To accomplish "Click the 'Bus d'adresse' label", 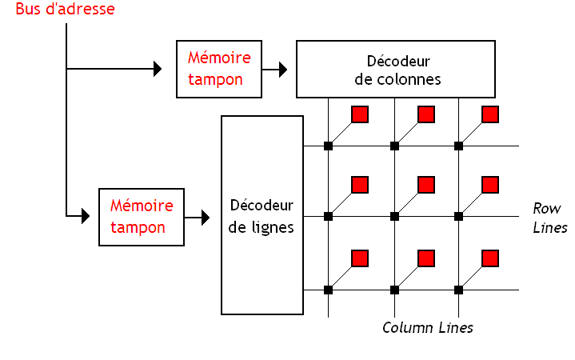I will point(65,10).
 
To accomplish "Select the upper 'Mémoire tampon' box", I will point(219,70).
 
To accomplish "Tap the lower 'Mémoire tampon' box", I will point(141,217).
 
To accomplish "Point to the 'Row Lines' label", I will point(549,218).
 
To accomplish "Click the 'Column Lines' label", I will point(427,328).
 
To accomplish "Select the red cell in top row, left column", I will point(360,114).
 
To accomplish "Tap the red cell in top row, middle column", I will point(426,114).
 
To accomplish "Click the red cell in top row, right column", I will point(490,114).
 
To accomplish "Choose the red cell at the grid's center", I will point(426,185).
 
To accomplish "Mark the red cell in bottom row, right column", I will point(490,258).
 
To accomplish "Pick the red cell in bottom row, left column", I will point(360,258).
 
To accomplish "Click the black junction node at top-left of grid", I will point(328,146).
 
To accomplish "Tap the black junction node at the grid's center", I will point(394,216).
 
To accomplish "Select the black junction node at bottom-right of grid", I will point(459,289).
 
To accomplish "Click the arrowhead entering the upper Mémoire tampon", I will point(157,70).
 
